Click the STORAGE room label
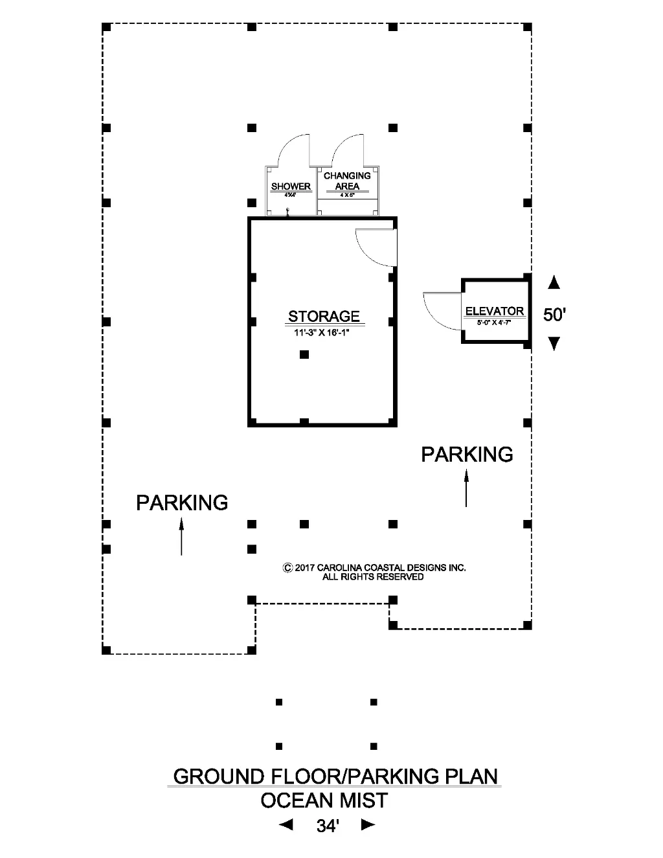324,317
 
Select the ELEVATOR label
494,311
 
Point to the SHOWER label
291,186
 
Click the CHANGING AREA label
347,181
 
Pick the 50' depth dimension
555,315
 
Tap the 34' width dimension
328,826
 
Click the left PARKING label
182,502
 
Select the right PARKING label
467,455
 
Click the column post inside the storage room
304,355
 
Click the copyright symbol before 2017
287,568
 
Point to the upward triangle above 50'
554,282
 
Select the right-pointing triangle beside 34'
368,825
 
